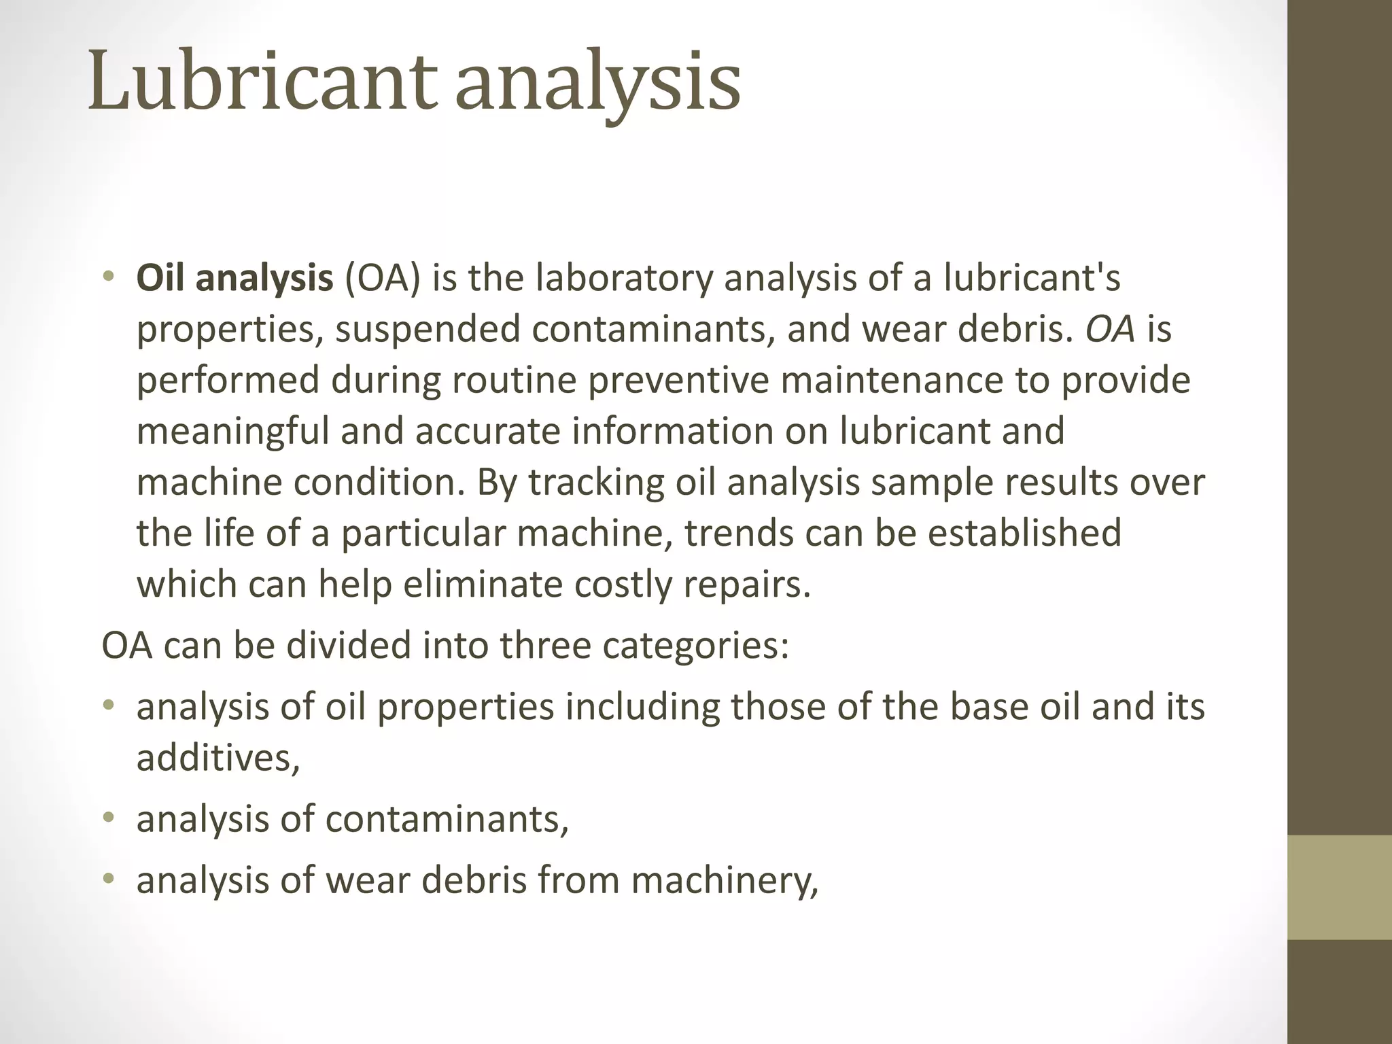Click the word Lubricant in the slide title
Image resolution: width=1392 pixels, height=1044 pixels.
pos(261,82)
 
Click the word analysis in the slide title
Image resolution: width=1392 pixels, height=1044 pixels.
pos(598,85)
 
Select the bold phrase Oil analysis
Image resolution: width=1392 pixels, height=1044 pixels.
pos(234,279)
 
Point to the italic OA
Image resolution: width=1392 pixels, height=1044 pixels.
pos(1110,330)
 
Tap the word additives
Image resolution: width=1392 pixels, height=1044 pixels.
pos(217,758)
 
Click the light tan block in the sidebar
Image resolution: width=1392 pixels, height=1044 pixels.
pos(1340,887)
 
